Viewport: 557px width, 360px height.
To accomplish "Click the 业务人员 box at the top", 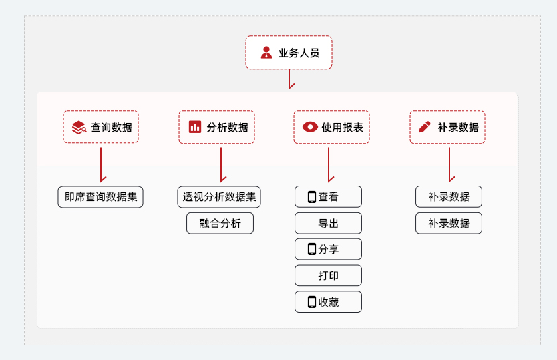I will coord(289,53).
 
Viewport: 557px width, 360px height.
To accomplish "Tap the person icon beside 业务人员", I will coord(266,53).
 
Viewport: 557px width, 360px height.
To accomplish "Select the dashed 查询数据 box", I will coord(101,127).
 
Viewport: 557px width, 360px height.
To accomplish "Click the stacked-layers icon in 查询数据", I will coord(79,127).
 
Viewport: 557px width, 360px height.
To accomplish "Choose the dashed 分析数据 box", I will coord(216,127).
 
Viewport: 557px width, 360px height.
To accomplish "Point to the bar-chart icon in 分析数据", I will coord(195,127).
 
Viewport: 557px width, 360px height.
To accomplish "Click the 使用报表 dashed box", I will coord(331,127).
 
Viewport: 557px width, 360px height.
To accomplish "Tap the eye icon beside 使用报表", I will coord(310,127).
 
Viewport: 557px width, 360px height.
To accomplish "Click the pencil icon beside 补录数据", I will coord(425,127).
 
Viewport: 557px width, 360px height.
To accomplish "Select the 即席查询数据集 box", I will coord(100,197).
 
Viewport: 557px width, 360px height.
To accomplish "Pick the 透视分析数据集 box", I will coord(219,197).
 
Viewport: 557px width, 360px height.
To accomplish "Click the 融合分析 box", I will coord(220,223).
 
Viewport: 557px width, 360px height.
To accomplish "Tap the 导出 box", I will coord(328,223).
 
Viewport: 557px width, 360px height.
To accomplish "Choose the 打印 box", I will coord(328,275).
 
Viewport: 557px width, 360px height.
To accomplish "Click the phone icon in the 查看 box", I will coord(311,197).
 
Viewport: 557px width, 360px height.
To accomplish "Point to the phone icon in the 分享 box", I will coord(311,249).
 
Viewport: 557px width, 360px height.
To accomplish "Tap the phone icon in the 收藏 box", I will coord(311,302).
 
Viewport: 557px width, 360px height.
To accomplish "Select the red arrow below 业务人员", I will coord(289,79).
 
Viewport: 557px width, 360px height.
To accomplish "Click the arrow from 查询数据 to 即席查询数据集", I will coord(101,164).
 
